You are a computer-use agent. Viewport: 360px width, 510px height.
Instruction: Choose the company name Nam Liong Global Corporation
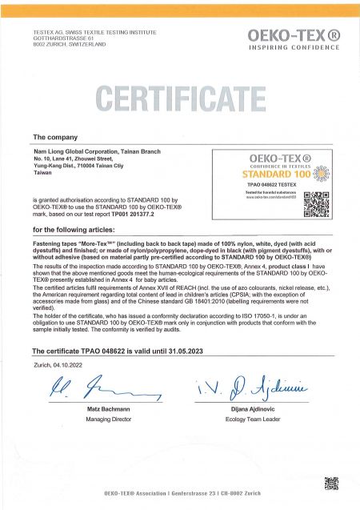tap(92, 152)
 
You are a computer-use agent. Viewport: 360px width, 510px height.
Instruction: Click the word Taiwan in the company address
tap(42, 171)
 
